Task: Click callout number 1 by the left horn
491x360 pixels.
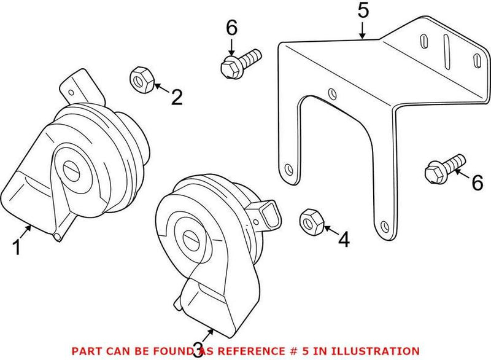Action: pos(18,247)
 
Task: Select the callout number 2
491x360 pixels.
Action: pos(176,97)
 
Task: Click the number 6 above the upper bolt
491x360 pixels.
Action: pos(231,27)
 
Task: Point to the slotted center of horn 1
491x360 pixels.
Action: pos(71,168)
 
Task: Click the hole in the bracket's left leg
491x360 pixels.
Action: pos(287,167)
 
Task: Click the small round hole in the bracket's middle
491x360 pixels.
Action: pos(331,94)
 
